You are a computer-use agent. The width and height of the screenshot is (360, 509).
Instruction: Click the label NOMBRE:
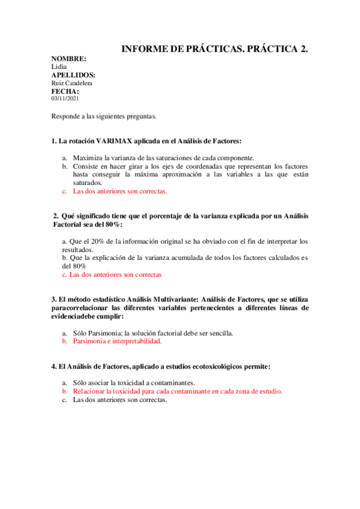pyautogui.click(x=68, y=59)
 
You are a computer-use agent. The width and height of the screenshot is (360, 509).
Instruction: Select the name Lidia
pyautogui.click(x=59, y=67)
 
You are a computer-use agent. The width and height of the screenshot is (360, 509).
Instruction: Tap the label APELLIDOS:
pyautogui.click(x=73, y=75)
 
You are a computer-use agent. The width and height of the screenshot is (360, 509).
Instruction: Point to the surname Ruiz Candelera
pyautogui.click(x=72, y=83)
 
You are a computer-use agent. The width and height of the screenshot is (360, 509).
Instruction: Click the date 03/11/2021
pyautogui.click(x=65, y=98)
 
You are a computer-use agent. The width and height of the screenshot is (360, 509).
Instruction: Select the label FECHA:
pyautogui.click(x=65, y=91)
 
